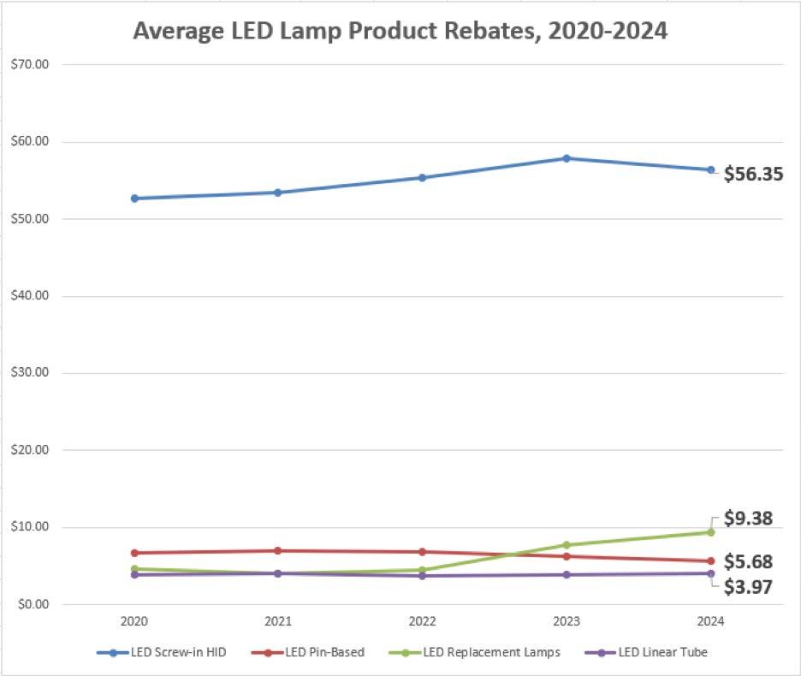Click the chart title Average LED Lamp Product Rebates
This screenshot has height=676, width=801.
point(400,32)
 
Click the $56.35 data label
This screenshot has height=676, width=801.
point(753,175)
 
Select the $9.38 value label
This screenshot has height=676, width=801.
point(749,519)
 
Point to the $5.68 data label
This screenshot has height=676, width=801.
point(749,562)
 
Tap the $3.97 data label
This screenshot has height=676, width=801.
point(749,587)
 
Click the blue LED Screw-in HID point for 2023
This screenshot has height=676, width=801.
point(567,158)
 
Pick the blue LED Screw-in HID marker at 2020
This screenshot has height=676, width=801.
point(133,199)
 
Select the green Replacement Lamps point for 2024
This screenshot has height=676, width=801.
point(710,532)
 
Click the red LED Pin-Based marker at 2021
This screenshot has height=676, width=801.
point(277,551)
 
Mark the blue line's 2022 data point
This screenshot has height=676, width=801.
point(422,178)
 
